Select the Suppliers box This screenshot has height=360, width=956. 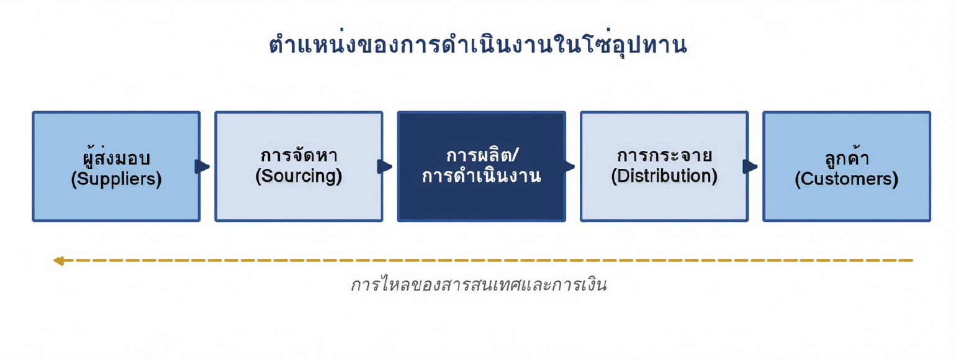(116, 166)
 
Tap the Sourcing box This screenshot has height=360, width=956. (299, 166)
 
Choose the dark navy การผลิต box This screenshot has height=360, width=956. (482, 166)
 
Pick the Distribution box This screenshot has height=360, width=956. (664, 166)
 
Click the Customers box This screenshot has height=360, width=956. (847, 166)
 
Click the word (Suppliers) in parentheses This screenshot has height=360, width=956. (116, 179)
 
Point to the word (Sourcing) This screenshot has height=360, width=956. (299, 176)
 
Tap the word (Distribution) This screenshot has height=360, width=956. (664, 176)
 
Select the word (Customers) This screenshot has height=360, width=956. (847, 179)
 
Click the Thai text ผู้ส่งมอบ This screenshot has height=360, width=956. (116, 156)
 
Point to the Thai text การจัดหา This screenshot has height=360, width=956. (299, 155)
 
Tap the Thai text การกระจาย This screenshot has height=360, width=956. (664, 155)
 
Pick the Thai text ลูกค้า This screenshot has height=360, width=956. (847, 158)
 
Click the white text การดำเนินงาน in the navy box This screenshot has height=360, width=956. (482, 176)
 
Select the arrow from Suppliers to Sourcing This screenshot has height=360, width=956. (202, 166)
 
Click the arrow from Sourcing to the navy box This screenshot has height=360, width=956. (385, 166)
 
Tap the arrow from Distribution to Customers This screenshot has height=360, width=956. (751, 166)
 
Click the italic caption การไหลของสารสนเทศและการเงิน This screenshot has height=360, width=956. (479, 284)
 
